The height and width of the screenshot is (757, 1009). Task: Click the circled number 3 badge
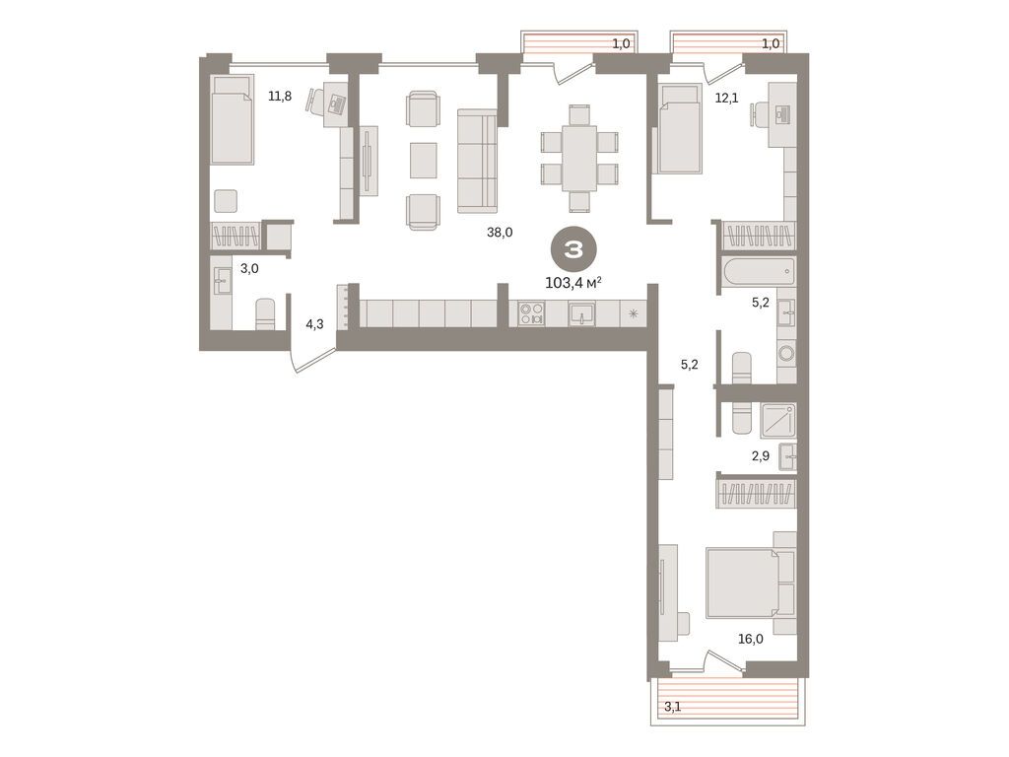572,248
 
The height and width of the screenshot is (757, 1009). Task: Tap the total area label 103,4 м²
573,283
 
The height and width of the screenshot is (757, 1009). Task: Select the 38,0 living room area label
501,234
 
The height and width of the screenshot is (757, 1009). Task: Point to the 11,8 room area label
280,96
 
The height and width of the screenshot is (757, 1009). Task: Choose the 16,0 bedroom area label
750,639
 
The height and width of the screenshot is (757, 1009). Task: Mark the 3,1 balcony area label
673,706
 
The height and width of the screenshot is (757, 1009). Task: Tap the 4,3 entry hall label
314,324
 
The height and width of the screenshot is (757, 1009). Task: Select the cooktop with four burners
532,314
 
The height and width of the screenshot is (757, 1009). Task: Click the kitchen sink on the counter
581,314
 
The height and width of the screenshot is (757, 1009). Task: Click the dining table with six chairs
579,158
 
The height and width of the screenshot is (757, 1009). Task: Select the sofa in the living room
478,160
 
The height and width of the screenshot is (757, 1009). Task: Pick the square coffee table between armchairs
423,160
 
